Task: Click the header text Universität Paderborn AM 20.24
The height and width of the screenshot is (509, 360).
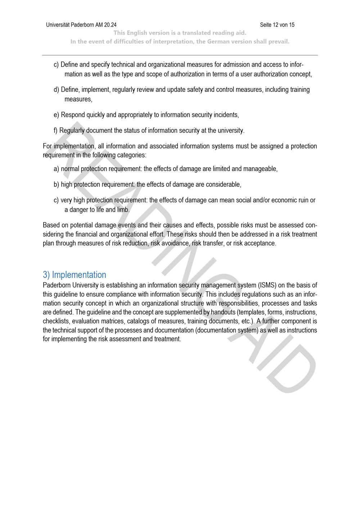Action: tap(81, 25)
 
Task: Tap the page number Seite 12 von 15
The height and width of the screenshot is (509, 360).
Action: tap(277, 25)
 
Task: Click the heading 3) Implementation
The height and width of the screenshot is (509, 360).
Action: tap(75, 275)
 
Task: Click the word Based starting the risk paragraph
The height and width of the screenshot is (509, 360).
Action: tap(51, 225)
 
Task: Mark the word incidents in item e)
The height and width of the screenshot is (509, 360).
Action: tap(226, 115)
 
